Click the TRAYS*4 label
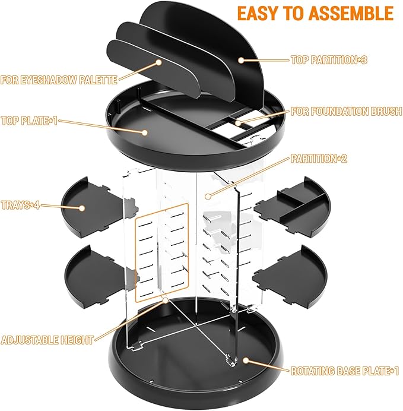[21, 205]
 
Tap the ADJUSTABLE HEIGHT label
[47, 340]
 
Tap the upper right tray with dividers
[290, 204]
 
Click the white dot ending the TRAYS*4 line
[82, 208]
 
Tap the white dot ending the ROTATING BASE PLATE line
[246, 361]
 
